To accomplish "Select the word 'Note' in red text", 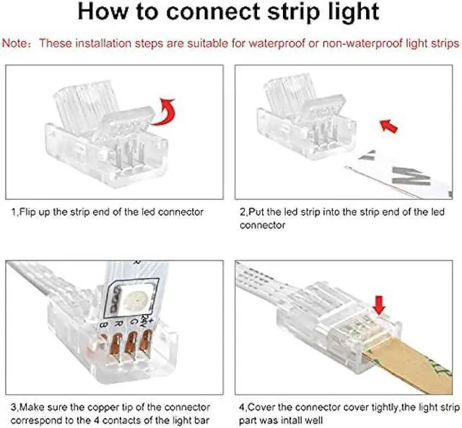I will [x=14, y=43].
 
